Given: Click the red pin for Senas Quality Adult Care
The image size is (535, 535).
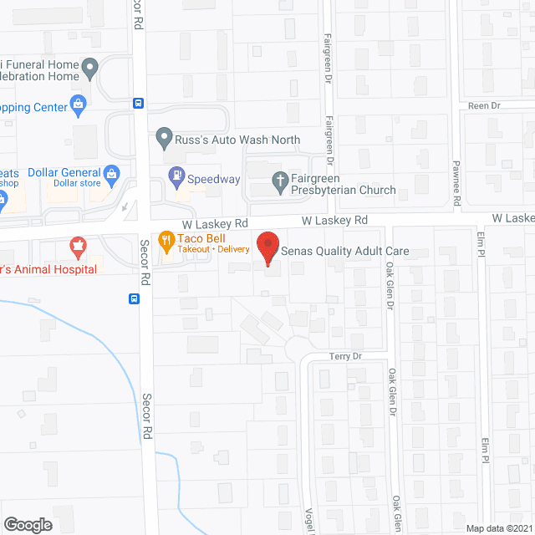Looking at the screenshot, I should coord(267,248).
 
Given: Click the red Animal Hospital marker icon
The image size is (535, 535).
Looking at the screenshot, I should coord(78,247).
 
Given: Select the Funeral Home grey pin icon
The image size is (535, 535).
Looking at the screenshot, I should coord(93,67).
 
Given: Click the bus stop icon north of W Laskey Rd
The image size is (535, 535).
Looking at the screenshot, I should coord(138,103).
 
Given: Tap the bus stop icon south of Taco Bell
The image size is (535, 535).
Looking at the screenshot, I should coord(134,298).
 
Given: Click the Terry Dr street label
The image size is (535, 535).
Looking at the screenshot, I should coord(344,356).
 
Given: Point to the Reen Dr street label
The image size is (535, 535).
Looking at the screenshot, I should coord(483,106).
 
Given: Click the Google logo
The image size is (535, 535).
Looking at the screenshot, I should coord(28,524).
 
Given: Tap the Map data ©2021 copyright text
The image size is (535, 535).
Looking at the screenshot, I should coord(498,528).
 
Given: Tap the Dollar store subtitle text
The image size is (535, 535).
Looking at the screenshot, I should coord(78,183).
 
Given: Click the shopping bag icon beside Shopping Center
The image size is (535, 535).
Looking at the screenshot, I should coord(78,104).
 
